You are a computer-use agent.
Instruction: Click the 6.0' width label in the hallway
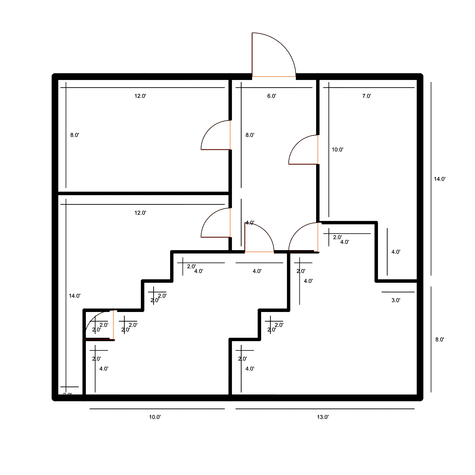[x=271, y=96]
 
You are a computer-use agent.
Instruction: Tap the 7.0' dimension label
[x=366, y=96]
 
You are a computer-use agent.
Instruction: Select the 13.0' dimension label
[x=323, y=417]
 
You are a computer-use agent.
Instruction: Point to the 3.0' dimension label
[x=396, y=300]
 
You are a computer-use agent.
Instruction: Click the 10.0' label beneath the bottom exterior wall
[x=155, y=417]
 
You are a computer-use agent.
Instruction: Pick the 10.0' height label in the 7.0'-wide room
[x=337, y=150]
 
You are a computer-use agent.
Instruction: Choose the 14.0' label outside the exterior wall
[x=440, y=179]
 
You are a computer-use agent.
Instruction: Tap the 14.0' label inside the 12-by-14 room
[x=74, y=296]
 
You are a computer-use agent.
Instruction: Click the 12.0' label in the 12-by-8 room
[x=140, y=96]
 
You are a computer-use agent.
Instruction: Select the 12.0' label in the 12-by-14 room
[x=140, y=213]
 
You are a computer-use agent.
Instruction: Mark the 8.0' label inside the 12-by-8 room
[x=74, y=135]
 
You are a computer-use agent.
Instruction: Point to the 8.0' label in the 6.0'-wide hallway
[x=250, y=135]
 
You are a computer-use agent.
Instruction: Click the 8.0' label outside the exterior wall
[x=440, y=339]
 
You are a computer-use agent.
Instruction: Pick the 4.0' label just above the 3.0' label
[x=396, y=252]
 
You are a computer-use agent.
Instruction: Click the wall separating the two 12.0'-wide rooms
[x=143, y=193]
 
